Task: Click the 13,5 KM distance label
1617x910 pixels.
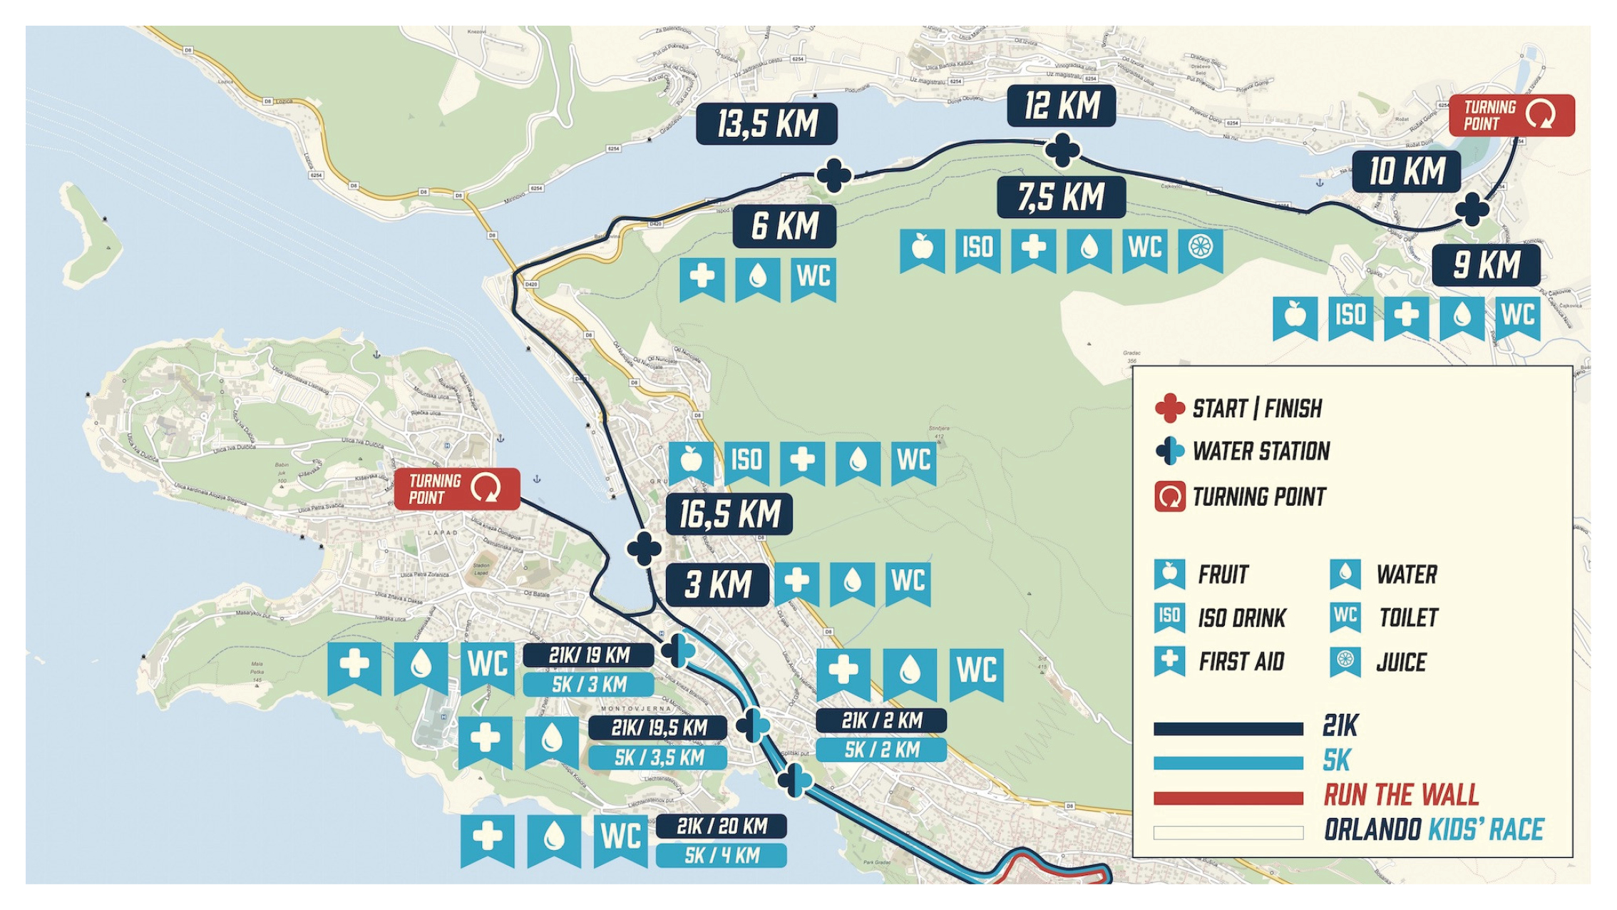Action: [766, 124]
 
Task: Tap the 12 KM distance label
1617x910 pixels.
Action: [1061, 106]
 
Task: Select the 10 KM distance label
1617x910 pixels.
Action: [1406, 172]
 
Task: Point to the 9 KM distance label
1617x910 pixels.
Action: [1486, 265]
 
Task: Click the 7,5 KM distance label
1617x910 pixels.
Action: [1061, 197]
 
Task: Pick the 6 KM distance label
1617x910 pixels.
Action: [784, 227]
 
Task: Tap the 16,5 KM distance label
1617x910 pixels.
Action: [729, 514]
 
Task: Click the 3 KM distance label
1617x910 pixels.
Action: [717, 585]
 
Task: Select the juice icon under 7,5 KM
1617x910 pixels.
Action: [1201, 248]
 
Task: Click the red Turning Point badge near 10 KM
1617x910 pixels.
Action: [1511, 116]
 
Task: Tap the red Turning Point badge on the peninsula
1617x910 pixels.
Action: [456, 489]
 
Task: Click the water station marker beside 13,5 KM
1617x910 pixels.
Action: [833, 175]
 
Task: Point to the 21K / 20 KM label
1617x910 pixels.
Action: [721, 827]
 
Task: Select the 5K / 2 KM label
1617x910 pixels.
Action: [881, 750]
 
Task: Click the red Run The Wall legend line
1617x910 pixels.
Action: [1228, 798]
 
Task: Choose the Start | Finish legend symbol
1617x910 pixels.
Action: [1169, 409]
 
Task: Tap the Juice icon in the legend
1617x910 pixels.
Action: [1345, 660]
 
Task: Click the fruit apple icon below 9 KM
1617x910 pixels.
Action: [1295, 316]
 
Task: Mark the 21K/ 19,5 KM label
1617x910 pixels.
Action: [657, 728]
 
